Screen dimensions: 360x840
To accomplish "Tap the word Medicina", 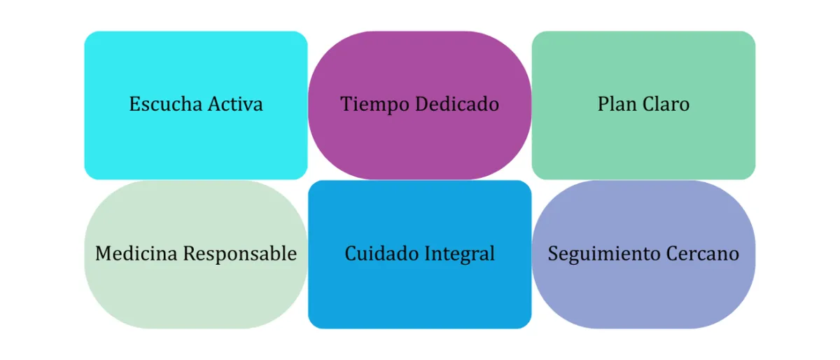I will click(x=136, y=254).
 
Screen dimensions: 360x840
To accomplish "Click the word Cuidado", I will click(x=377, y=254).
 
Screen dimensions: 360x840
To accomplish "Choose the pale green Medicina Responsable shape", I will click(x=196, y=294).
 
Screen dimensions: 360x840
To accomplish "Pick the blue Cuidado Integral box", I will click(x=420, y=294).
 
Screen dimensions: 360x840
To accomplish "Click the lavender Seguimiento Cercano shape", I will click(x=643, y=294).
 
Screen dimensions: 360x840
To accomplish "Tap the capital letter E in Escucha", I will click(x=134, y=104).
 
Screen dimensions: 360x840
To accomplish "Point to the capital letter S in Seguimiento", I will click(x=552, y=254).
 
